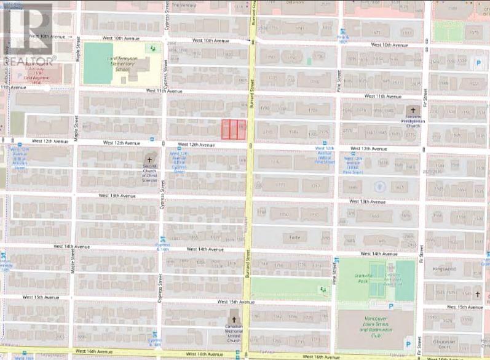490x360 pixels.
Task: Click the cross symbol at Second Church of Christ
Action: tap(149, 159)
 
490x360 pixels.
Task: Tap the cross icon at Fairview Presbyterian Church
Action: tap(413, 110)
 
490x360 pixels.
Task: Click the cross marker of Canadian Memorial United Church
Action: tap(233, 320)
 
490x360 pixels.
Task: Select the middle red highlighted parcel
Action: tap(234, 129)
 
